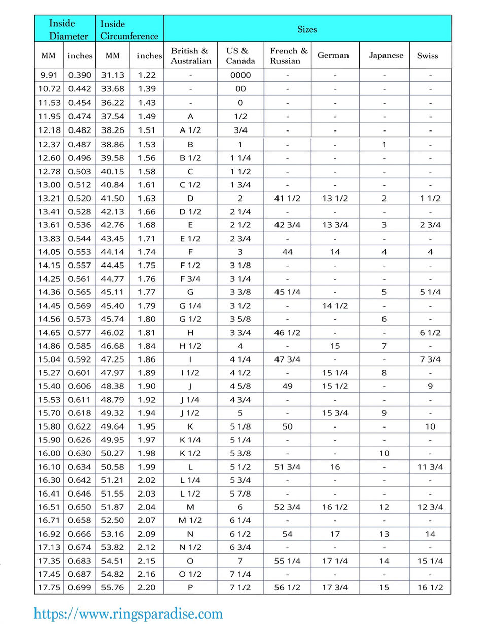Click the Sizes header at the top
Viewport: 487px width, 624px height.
point(307,29)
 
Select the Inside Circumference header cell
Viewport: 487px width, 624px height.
point(129,29)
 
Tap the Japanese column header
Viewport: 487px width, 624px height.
point(386,55)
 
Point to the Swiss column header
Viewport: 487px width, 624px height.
point(427,55)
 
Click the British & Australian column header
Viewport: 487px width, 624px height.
point(190,55)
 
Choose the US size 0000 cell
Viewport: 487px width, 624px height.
point(240,75)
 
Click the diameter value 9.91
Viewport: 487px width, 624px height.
point(49,75)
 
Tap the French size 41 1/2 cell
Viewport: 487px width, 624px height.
point(287,198)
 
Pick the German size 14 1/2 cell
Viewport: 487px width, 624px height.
point(335,306)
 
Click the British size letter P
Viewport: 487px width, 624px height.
point(190,587)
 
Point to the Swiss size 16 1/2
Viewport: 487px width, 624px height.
point(430,587)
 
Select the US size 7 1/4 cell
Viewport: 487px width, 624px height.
point(240,574)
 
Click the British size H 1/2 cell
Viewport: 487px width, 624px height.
point(190,346)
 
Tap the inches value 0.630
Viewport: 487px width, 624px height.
point(80,453)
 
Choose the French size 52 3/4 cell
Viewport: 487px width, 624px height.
point(287,507)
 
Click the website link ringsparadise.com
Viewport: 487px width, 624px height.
point(128,613)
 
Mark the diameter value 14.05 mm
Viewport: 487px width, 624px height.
point(49,252)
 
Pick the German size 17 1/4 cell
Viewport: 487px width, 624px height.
point(335,561)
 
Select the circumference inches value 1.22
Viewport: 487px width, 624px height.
point(146,75)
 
